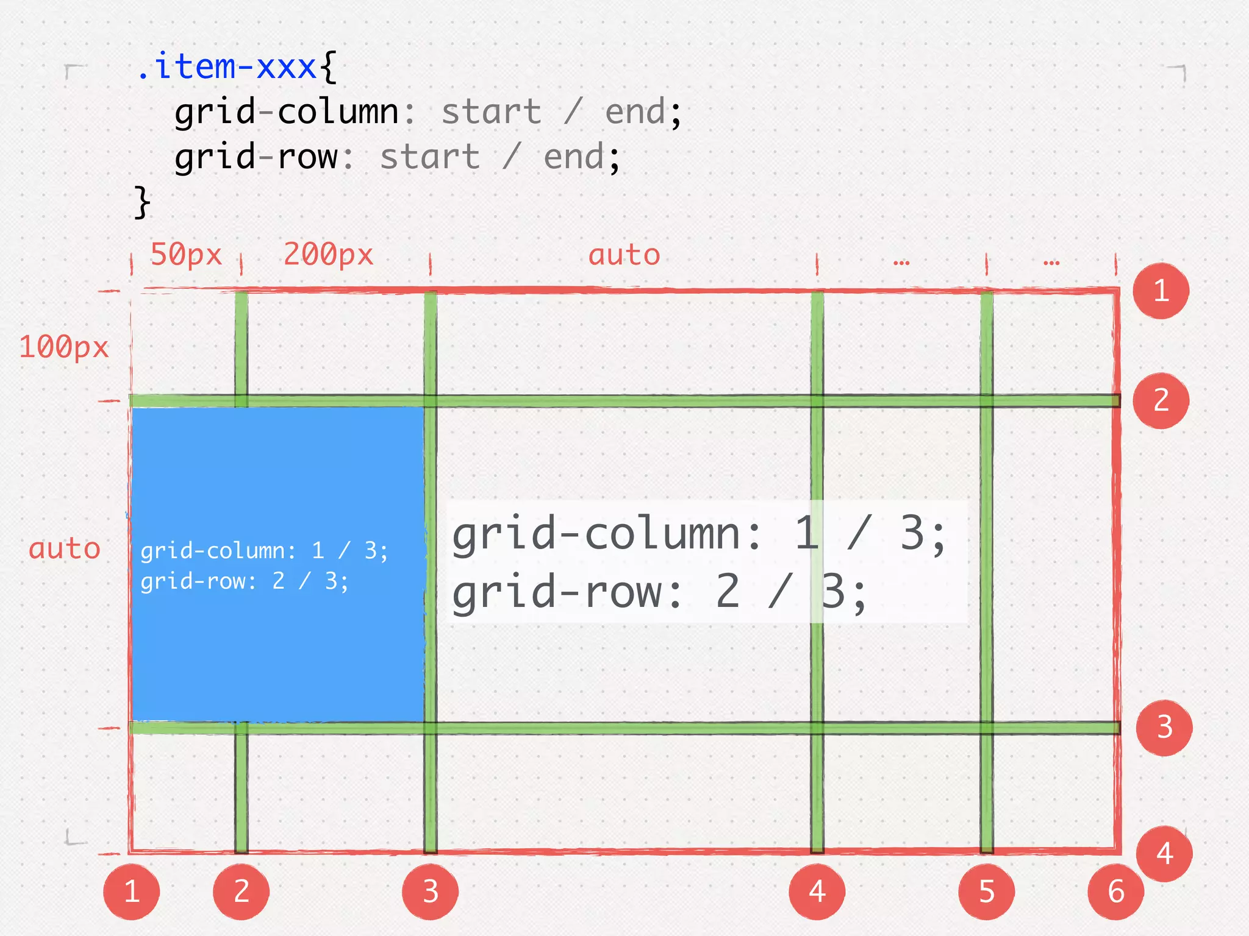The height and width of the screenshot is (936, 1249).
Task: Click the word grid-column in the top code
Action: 287,112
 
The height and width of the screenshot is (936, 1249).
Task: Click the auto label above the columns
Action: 624,255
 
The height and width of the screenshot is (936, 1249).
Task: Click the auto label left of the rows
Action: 65,548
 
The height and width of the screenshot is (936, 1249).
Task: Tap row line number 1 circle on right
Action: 1161,291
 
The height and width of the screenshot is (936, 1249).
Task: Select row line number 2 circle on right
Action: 1161,400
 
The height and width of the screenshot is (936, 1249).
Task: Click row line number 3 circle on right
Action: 1164,728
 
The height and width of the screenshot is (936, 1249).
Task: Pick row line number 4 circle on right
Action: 1164,854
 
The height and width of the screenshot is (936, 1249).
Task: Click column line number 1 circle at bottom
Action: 132,892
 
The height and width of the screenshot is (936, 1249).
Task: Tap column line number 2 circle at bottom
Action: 241,892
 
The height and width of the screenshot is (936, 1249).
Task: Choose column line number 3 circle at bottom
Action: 430,892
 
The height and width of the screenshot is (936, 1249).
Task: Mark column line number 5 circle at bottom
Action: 986,892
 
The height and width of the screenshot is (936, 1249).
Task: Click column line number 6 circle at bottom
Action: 1115,892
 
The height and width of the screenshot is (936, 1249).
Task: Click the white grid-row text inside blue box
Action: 244,581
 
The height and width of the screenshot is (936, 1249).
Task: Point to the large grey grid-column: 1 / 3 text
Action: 698,534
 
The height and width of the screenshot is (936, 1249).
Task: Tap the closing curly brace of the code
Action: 141,202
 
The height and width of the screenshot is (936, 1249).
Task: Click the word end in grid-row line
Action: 573,157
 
